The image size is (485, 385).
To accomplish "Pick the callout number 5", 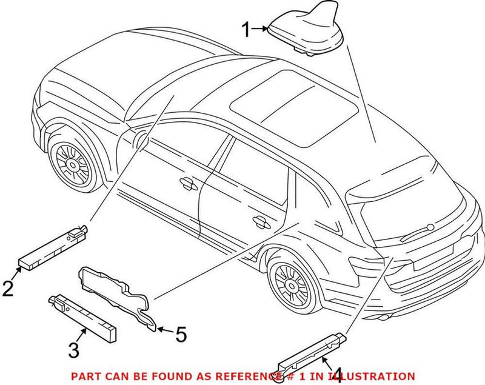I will [x=181, y=333].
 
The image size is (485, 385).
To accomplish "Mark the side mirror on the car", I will [x=140, y=139].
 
